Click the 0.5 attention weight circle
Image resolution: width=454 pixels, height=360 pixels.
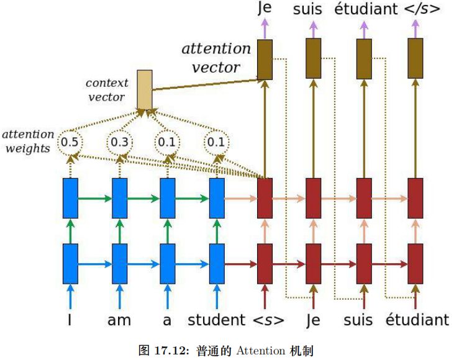pyautogui.click(x=70, y=143)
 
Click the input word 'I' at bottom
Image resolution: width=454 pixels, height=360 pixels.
pyautogui.click(x=70, y=320)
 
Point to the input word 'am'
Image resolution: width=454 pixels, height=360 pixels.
pyautogui.click(x=119, y=320)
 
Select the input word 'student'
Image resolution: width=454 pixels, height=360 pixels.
pyautogui.click(x=216, y=320)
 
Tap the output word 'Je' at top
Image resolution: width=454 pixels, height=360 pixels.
pyautogui.click(x=265, y=9)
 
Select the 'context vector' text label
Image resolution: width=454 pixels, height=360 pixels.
pyautogui.click(x=107, y=90)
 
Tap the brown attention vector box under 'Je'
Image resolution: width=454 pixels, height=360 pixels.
pyautogui.click(x=265, y=59)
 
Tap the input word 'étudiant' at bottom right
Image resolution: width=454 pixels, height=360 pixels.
pyautogui.click(x=417, y=320)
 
